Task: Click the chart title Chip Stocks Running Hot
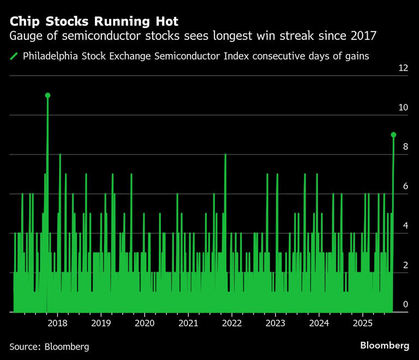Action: [93, 21]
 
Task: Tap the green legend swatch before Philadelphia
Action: [14, 56]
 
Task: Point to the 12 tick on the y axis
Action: [404, 68]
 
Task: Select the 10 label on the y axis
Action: [404, 107]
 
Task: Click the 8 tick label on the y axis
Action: [404, 147]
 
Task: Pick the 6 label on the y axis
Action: [404, 186]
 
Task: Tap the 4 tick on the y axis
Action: [404, 226]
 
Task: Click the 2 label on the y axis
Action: [404, 265]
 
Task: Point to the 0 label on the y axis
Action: [404, 304]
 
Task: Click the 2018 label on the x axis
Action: [57, 323]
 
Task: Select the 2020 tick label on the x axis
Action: [145, 323]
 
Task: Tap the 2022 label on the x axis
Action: [232, 323]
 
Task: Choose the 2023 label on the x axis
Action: [275, 323]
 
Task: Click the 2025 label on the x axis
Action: [362, 323]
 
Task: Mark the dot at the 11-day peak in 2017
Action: [47, 95]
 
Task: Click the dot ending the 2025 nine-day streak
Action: [393, 135]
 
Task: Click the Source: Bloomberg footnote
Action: [49, 346]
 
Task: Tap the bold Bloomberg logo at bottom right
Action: [385, 346]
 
